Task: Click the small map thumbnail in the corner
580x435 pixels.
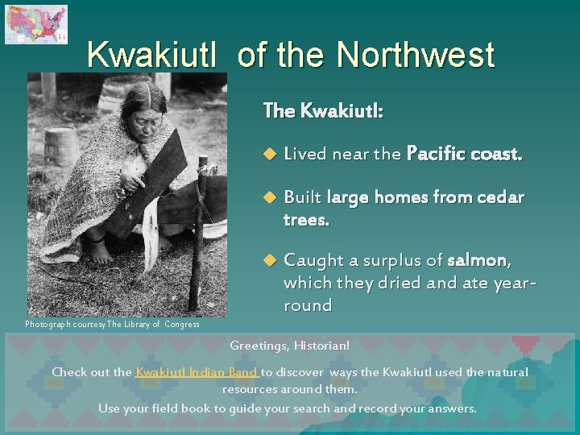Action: pyautogui.click(x=35, y=24)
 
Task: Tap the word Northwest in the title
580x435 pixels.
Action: pyautogui.click(x=415, y=55)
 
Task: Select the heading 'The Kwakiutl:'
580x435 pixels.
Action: pyautogui.click(x=322, y=111)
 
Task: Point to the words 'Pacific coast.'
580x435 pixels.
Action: pyautogui.click(x=465, y=153)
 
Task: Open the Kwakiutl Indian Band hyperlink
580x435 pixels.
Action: pyautogui.click(x=197, y=372)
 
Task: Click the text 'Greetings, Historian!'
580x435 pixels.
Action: pyautogui.click(x=290, y=346)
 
